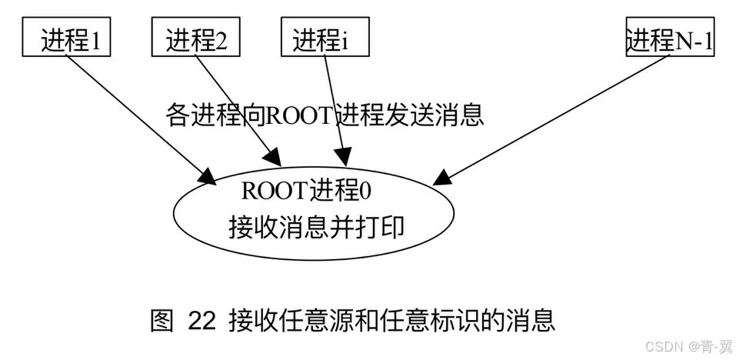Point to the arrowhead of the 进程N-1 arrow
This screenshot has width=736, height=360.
coord(442,177)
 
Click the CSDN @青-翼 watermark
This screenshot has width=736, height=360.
coord(687,347)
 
